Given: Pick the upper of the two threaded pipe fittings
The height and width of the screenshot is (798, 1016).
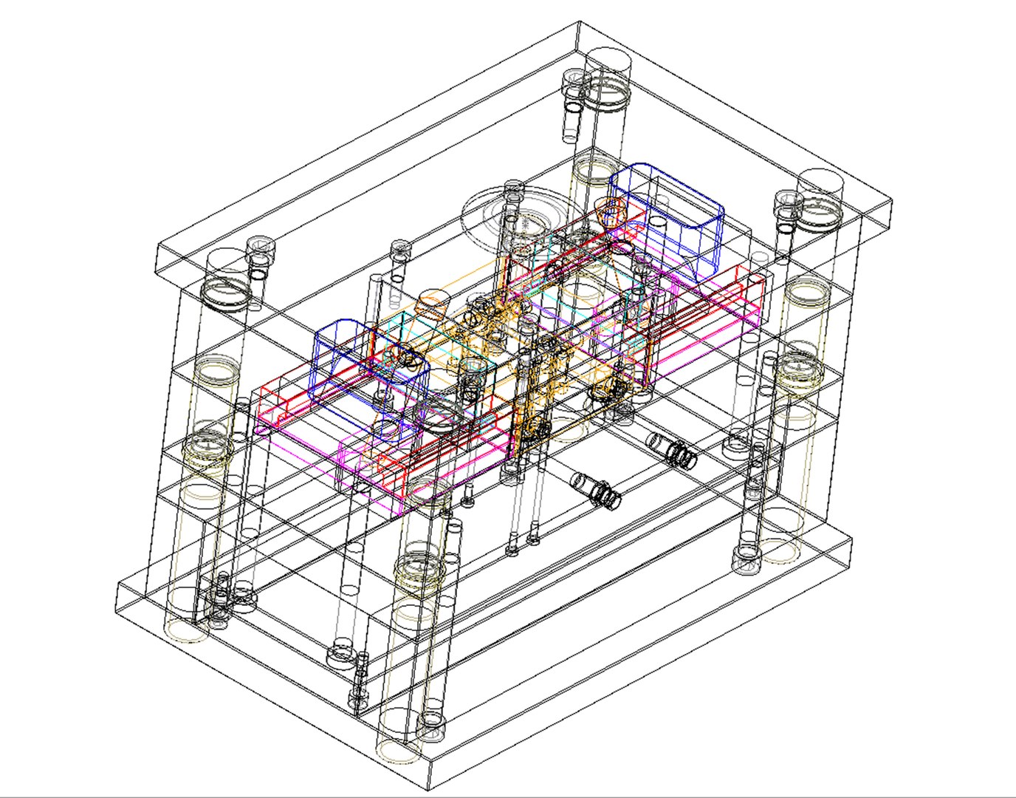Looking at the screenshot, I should coord(672,451).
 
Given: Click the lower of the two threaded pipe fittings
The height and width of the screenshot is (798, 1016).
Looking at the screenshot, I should coord(597,490).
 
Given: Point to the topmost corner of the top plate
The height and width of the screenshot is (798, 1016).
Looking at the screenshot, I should coord(578,22).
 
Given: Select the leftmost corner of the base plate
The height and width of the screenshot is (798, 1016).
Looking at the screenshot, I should coord(118,584).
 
